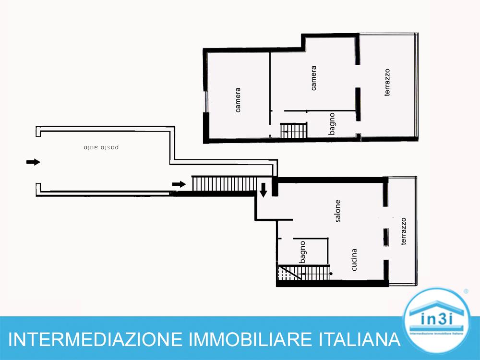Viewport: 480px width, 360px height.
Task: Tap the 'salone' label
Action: coord(338,211)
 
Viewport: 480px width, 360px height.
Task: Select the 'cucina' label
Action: coord(354,260)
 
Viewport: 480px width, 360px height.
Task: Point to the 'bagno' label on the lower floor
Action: coord(303,252)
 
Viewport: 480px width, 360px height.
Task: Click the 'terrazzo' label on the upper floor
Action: coord(387,82)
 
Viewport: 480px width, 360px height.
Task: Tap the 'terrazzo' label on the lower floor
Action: coord(403,232)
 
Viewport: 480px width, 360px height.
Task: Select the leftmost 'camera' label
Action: coord(238,99)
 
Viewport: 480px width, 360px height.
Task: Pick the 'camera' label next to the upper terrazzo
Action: coord(313,78)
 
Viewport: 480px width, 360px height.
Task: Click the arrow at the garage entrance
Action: coord(33,162)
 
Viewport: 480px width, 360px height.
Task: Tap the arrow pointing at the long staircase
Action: coord(179,184)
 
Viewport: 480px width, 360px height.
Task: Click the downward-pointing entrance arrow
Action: coord(264,190)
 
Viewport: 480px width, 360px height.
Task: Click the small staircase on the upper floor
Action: coord(293,130)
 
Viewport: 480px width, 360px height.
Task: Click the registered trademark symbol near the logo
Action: coord(466,291)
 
